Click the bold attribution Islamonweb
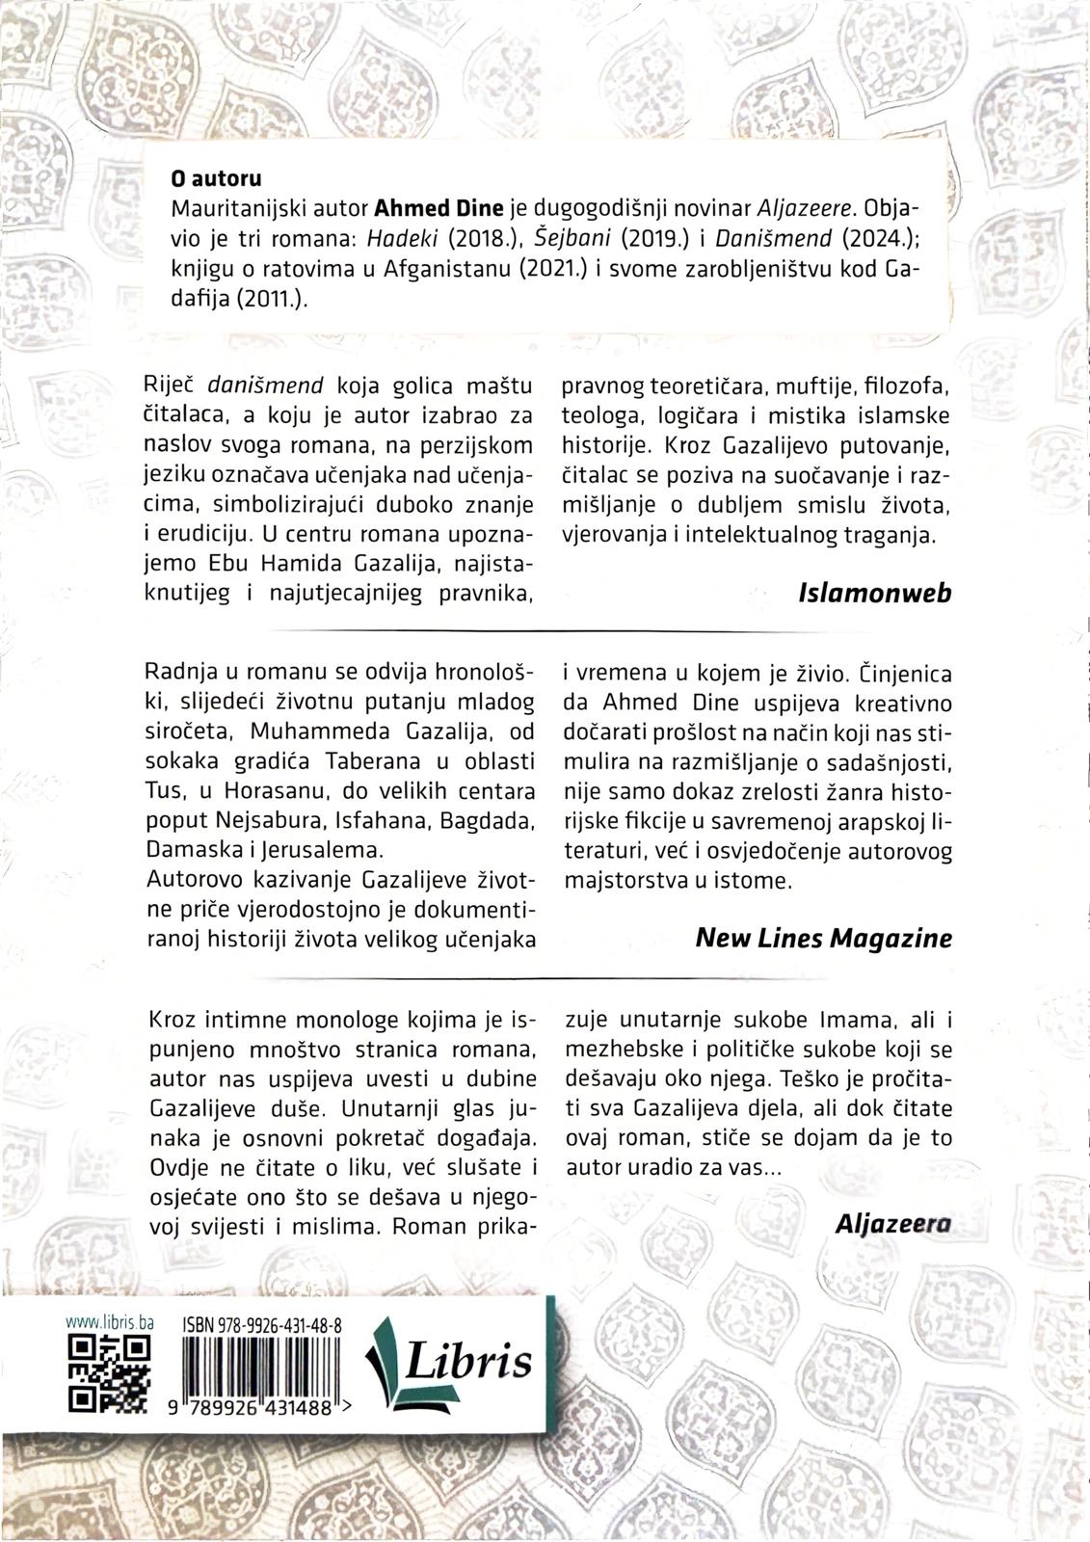tap(875, 592)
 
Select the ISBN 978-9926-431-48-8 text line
tap(260, 1327)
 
